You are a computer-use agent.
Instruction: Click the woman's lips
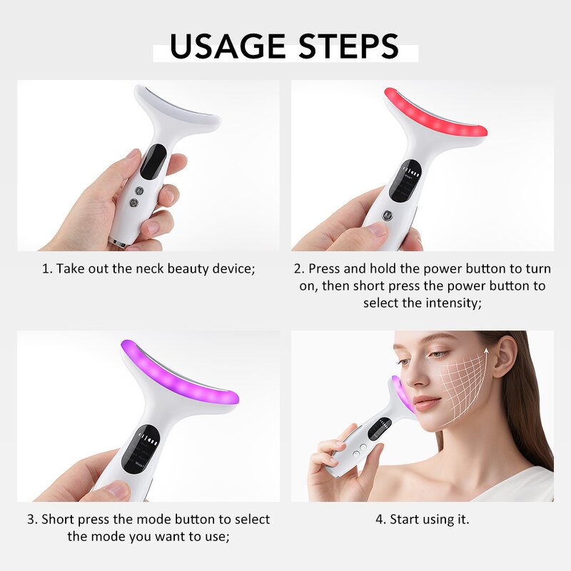point(428,403)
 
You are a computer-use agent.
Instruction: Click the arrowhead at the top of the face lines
point(487,350)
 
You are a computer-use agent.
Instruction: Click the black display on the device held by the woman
point(378,428)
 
